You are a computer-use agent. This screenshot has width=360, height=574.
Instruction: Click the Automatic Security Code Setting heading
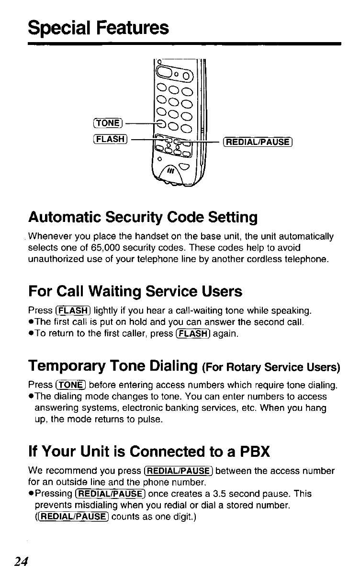coord(143,218)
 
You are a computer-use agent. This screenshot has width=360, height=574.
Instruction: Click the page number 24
coord(20,561)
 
